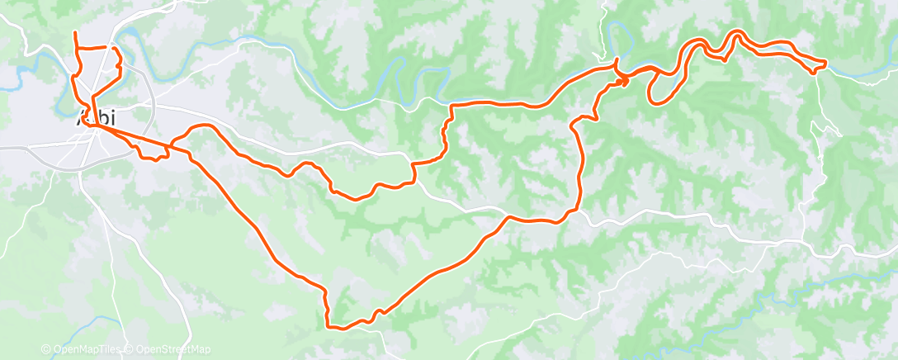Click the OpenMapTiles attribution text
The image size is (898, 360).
pyautogui.click(x=86, y=349)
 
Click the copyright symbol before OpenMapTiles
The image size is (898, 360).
pyautogui.click(x=45, y=349)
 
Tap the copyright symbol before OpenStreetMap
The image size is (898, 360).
pyautogui.click(x=130, y=349)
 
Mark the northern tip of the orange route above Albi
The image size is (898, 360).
pyautogui.click(x=75, y=32)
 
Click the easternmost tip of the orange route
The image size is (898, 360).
pyautogui.click(x=825, y=63)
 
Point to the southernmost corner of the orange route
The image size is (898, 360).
pyautogui.click(x=330, y=327)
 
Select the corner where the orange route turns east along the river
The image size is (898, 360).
pyautogui.click(x=451, y=106)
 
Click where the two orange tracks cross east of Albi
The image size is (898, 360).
pyautogui.click(x=169, y=149)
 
